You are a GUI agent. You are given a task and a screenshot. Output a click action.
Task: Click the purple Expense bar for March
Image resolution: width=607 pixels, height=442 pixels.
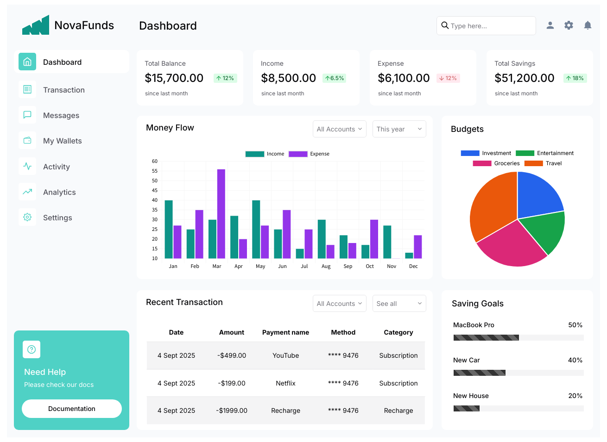[221, 214]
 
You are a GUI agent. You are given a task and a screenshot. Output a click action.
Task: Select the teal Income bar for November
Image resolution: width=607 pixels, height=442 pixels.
[387, 242]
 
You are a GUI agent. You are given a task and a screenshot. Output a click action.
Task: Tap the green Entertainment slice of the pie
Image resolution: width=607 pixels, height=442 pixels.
[544, 231]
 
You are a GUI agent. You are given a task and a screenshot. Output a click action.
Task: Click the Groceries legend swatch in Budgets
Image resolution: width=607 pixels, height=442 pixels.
[482, 163]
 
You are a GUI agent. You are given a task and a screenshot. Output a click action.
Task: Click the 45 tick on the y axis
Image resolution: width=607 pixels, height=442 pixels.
[155, 190]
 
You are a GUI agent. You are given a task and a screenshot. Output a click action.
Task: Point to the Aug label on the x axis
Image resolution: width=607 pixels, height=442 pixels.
[326, 266]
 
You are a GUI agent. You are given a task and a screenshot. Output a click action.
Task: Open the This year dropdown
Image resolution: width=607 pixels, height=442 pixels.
[399, 129]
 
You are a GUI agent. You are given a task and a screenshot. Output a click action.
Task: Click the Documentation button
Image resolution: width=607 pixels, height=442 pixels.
[72, 408]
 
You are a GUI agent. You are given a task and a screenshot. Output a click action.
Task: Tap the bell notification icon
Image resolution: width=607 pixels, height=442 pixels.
[588, 25]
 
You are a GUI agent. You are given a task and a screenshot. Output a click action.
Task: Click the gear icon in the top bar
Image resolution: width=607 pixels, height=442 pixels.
[569, 25]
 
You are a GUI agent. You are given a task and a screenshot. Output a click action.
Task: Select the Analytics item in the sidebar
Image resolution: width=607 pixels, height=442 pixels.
[59, 192]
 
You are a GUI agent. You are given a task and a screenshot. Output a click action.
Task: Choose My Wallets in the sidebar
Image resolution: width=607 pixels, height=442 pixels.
[63, 141]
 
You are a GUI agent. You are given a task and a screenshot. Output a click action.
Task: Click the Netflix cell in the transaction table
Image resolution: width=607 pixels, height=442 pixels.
[285, 383]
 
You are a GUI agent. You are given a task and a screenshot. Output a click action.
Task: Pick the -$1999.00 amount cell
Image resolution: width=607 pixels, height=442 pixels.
[232, 411]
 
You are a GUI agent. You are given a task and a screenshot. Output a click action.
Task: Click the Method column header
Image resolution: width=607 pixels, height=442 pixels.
[343, 332]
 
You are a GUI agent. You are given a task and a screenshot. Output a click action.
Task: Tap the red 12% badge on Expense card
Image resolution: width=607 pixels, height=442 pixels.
[448, 78]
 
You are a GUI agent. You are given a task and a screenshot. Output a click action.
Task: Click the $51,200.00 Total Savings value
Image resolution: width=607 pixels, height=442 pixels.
[525, 78]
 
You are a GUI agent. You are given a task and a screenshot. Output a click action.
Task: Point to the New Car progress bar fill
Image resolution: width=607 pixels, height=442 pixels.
[480, 373]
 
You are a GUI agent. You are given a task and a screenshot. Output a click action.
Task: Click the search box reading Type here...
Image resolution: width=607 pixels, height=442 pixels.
[486, 26]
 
